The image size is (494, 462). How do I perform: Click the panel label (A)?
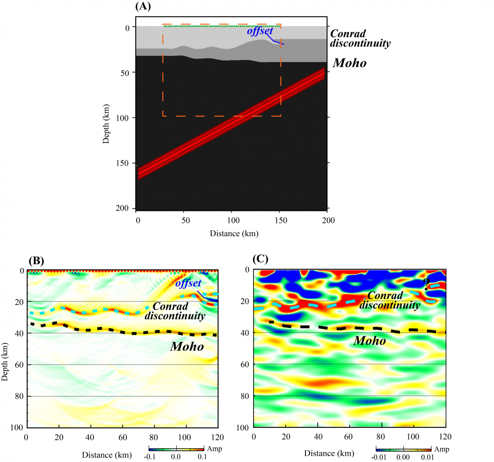click(x=143, y=6)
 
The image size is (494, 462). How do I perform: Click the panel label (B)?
click(x=36, y=260)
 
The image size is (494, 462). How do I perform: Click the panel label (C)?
click(x=260, y=259)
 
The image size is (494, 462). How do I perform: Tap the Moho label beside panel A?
click(x=350, y=63)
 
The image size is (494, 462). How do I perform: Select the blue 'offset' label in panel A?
click(x=260, y=31)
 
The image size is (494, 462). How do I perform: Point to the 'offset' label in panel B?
click(x=188, y=283)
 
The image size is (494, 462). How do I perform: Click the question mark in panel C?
click(x=426, y=284)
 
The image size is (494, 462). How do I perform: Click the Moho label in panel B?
click(x=187, y=346)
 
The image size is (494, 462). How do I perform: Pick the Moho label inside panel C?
click(x=370, y=341)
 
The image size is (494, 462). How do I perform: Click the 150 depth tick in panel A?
click(x=122, y=163)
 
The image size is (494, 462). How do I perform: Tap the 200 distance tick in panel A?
click(x=328, y=221)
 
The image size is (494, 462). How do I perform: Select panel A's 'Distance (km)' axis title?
click(x=234, y=233)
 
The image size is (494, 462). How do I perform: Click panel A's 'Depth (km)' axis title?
click(x=106, y=123)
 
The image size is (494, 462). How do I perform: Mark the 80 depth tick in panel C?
click(x=245, y=396)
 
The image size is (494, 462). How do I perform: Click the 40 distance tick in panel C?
click(x=318, y=436)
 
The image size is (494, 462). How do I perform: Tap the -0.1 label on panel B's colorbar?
click(x=150, y=457)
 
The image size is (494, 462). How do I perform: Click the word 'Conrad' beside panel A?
click(x=348, y=33)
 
